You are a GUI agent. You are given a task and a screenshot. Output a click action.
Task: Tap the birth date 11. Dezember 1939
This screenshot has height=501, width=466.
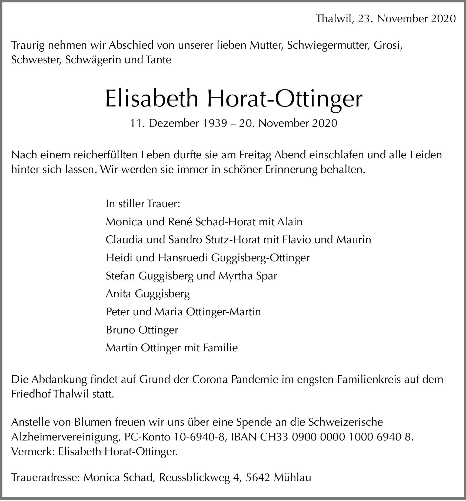click(178, 123)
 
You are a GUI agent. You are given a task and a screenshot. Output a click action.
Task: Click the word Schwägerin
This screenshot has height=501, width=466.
click(93, 60)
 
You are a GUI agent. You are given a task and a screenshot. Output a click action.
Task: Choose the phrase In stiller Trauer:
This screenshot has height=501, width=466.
click(143, 204)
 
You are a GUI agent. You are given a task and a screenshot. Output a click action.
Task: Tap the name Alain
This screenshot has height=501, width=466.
click(290, 222)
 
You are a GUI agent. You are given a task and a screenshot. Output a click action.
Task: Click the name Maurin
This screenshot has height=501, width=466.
click(354, 240)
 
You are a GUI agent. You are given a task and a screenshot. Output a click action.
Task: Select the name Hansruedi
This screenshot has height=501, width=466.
click(183, 258)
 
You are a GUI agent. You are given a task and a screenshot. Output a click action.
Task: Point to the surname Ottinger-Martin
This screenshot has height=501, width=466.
click(223, 312)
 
